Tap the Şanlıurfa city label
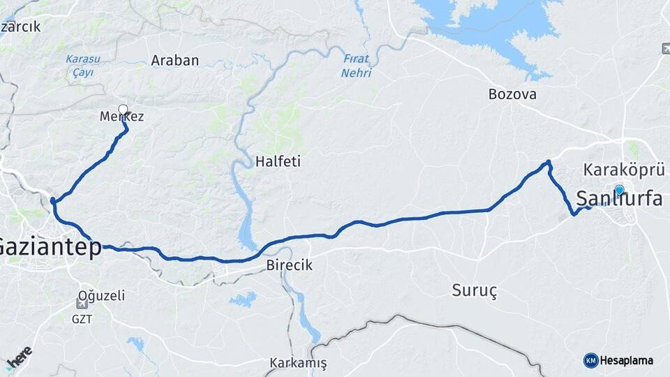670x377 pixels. (x=620, y=199)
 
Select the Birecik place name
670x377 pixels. (x=290, y=266)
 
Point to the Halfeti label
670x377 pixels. (x=278, y=161)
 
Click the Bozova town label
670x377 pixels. (x=512, y=94)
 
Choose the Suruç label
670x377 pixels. (x=475, y=291)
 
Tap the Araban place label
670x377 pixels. (x=175, y=61)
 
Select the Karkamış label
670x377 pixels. (x=298, y=364)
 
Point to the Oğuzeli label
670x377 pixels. (x=102, y=296)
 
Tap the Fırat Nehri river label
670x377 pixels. (x=357, y=66)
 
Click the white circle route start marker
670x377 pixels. (x=124, y=109)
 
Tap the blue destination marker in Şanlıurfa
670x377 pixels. (x=619, y=189)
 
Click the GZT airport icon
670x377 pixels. (x=83, y=304)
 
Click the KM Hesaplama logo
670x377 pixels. (x=618, y=360)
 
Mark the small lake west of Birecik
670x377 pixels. (x=243, y=300)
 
